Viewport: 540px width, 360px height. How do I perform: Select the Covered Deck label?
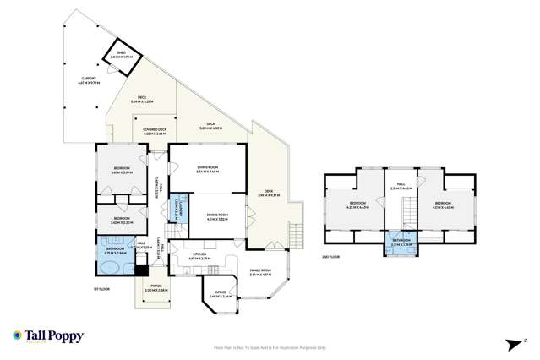(x=155, y=131)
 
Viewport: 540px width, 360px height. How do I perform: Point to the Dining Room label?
(x=218, y=216)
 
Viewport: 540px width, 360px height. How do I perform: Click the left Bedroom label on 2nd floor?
(x=357, y=205)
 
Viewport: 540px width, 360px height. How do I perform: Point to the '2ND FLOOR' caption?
(x=331, y=256)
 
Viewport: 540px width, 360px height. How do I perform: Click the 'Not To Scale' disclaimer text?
(x=269, y=346)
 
